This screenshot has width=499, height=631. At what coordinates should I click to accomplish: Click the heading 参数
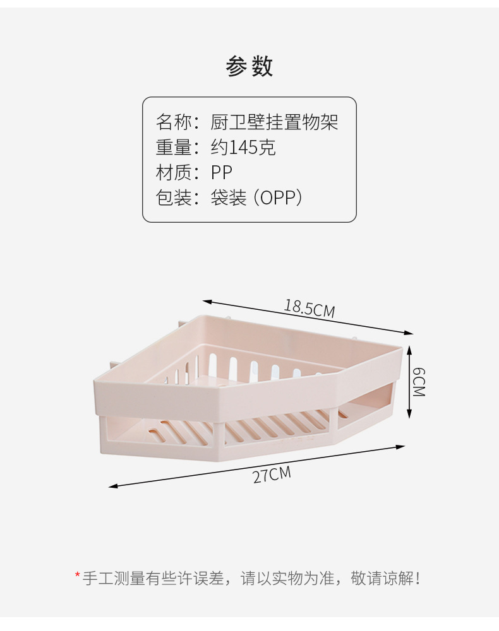(x=249, y=66)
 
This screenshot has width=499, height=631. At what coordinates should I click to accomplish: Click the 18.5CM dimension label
(x=309, y=308)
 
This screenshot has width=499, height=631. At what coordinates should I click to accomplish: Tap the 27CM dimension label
(x=272, y=474)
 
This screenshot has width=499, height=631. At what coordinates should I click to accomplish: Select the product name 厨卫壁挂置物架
(x=275, y=121)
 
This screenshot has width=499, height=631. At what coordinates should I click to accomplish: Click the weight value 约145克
(x=243, y=147)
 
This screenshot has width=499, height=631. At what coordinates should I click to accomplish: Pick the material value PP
(x=222, y=172)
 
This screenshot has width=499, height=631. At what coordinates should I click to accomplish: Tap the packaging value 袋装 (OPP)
(x=257, y=198)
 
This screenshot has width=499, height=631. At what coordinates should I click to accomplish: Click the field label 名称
(x=174, y=121)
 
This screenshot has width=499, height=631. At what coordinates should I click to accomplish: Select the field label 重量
(x=174, y=147)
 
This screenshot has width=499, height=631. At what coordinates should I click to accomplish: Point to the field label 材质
(x=174, y=172)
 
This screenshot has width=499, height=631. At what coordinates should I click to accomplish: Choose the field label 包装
(x=174, y=198)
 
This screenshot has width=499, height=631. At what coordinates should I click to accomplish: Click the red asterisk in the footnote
(x=77, y=575)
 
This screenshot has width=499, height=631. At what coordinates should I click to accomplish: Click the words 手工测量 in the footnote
(x=114, y=577)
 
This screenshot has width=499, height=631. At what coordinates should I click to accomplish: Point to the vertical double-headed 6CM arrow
(x=409, y=382)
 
